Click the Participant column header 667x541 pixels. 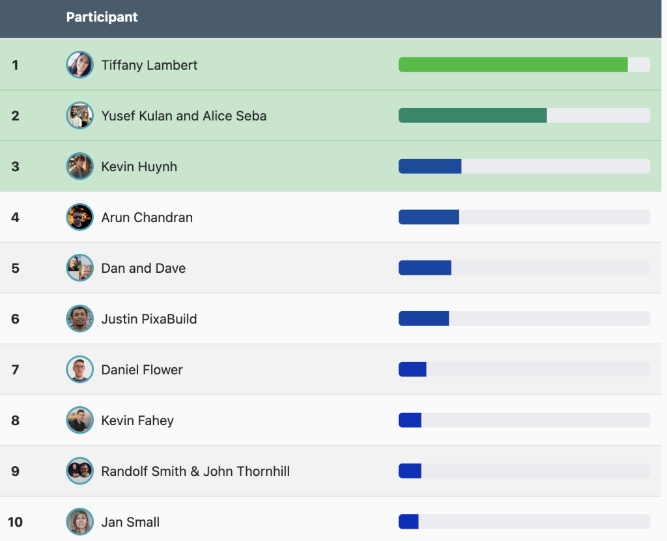click(x=102, y=18)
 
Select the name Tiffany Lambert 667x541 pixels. click(x=149, y=65)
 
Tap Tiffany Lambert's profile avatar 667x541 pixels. click(x=79, y=65)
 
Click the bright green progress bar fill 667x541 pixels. click(x=513, y=65)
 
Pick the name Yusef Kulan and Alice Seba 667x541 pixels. click(x=184, y=116)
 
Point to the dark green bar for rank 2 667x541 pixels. click(x=472, y=116)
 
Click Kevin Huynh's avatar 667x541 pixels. click(x=79, y=167)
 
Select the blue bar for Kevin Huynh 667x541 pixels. click(x=430, y=167)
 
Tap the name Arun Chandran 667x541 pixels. click(x=147, y=217)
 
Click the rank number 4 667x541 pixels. click(x=15, y=217)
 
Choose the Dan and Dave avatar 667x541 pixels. click(x=79, y=268)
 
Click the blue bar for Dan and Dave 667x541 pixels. click(x=425, y=268)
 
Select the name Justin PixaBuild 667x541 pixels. click(x=149, y=319)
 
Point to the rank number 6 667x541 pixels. click(x=15, y=319)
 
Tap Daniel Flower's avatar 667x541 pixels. click(x=79, y=370)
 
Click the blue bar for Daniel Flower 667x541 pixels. click(x=412, y=370)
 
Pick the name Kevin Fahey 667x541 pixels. click(x=137, y=421)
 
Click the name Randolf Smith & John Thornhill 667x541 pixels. click(x=195, y=471)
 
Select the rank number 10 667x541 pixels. click(x=15, y=522)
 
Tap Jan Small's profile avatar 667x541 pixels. click(x=79, y=522)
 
